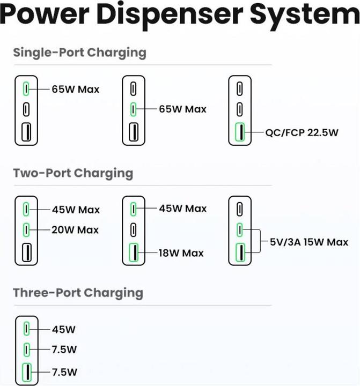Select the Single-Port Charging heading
pos(79,53)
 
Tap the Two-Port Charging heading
pos(73,173)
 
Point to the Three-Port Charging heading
pos(78,293)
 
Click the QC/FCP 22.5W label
pos(302,132)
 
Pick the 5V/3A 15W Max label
pos(308,242)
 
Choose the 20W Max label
pos(75,230)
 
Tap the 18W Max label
pos(181,253)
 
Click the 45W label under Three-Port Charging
pos(64,329)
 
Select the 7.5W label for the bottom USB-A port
pos(64,372)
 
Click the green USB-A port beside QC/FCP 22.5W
pos(240,132)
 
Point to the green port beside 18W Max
pos(133,252)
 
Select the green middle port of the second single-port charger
pos(133,109)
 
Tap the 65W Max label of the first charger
pos(76,89)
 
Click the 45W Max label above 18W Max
pos(182,209)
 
